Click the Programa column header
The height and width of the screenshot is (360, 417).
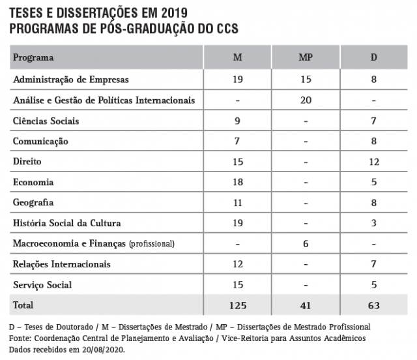tap(33, 57)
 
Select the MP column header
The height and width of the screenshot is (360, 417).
tap(306, 57)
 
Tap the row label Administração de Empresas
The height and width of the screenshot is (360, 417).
tap(71, 80)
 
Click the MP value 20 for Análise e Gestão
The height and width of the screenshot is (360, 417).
tap(306, 100)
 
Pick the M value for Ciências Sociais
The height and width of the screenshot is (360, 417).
tap(238, 121)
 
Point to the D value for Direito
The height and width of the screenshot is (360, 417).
tap(374, 162)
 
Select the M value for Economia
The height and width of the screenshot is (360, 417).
tap(238, 182)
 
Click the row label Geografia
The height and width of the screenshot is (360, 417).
tap(33, 203)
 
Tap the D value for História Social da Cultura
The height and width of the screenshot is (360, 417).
tap(374, 223)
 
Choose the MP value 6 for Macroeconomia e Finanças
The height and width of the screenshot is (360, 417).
tap(306, 244)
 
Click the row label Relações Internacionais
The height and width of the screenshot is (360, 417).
tap(62, 264)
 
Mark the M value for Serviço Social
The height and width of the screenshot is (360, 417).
tap(238, 285)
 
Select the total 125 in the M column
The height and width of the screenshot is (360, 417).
tap(238, 305)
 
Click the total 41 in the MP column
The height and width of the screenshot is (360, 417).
tap(306, 305)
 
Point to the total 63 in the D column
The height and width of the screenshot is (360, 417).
tap(374, 305)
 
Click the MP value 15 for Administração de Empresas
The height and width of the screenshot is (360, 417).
tap(306, 80)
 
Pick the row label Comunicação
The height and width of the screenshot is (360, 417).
tap(40, 142)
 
